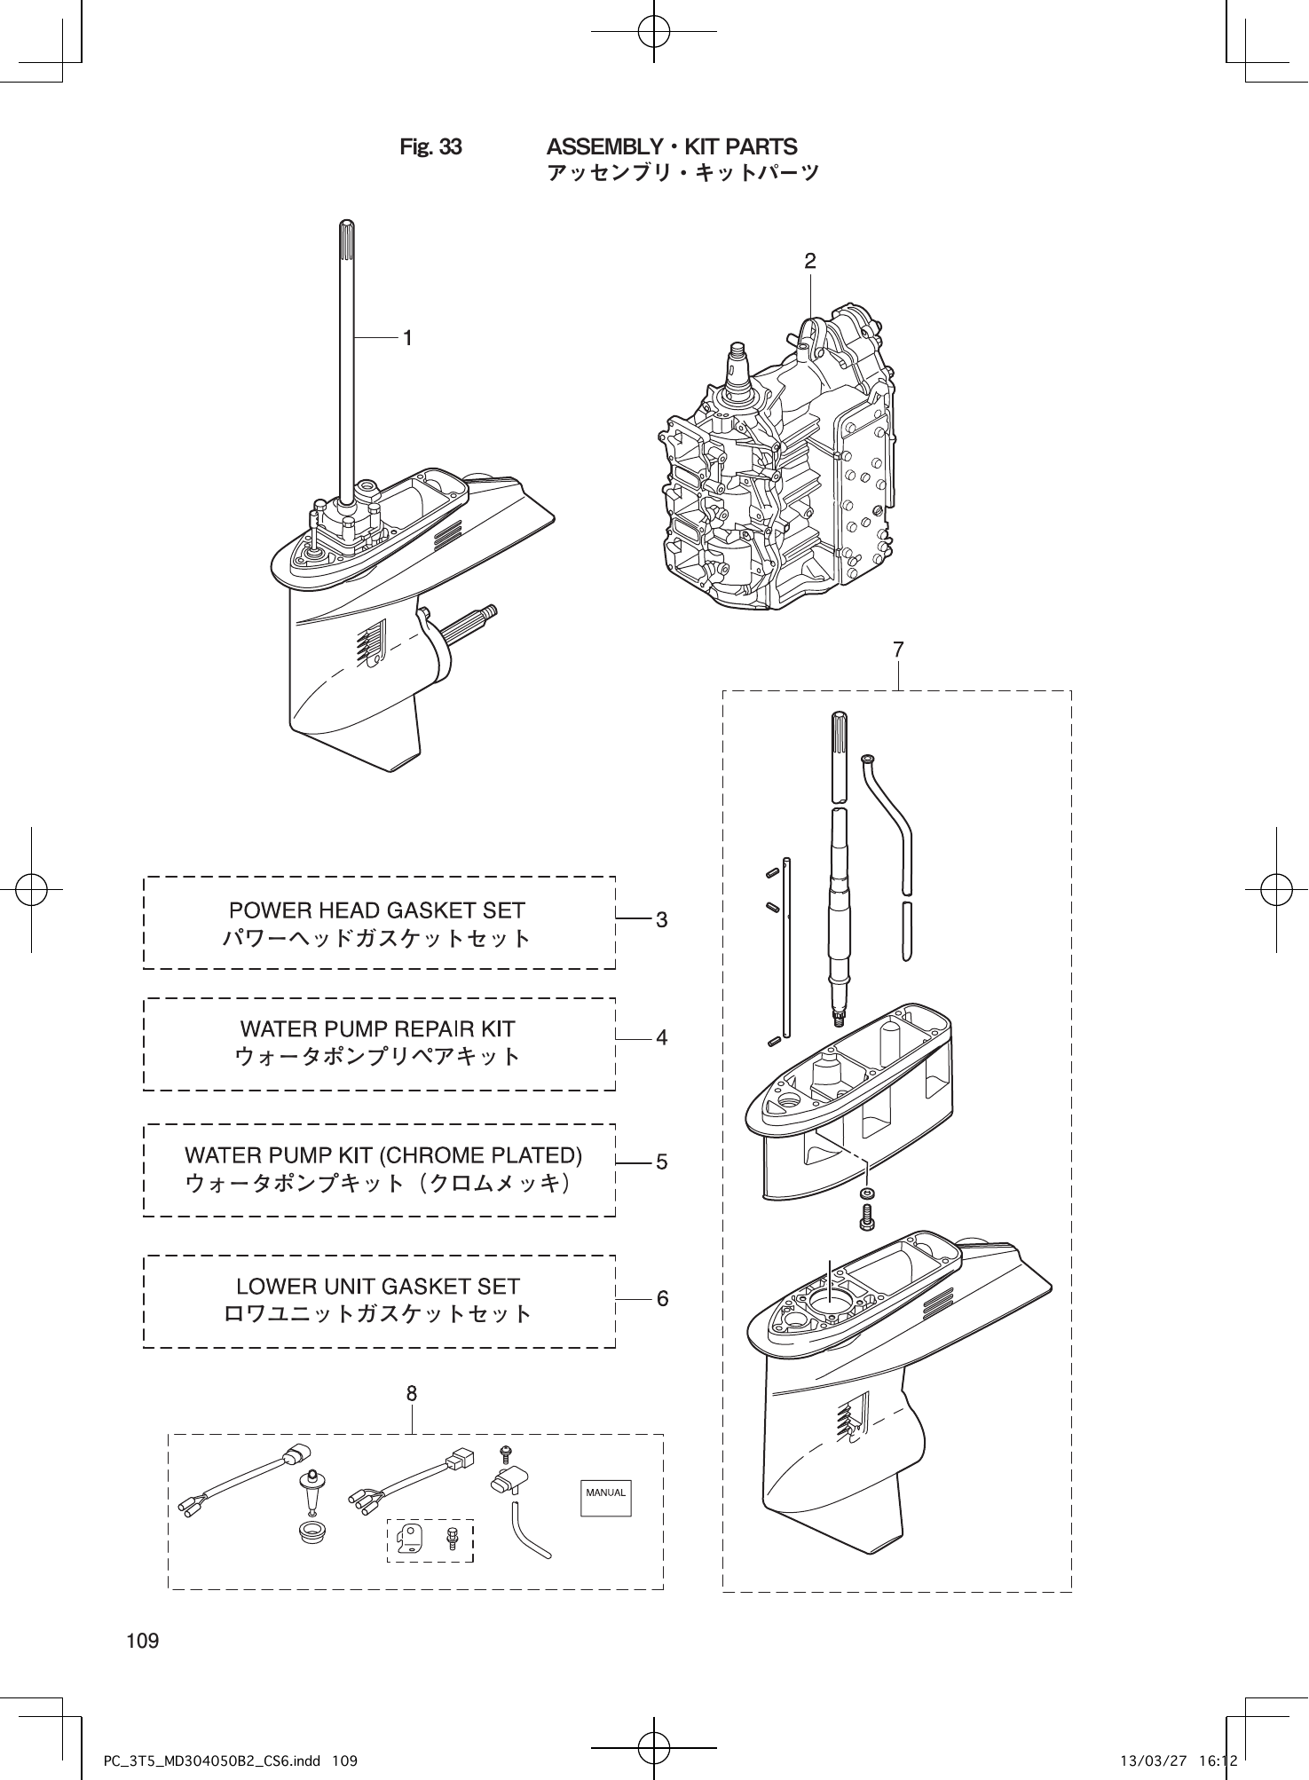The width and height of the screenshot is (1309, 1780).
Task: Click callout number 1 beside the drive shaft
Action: point(406,338)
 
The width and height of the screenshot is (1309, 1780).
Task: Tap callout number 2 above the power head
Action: point(809,261)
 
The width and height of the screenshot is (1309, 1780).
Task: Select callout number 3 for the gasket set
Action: point(661,920)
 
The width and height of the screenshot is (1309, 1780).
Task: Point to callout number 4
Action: point(661,1036)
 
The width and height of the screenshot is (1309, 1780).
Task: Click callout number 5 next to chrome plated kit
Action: point(661,1162)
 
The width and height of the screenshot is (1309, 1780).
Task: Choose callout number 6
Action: point(662,1299)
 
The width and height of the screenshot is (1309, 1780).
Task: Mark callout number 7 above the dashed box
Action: point(898,650)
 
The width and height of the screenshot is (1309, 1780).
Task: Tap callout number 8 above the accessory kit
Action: point(412,1393)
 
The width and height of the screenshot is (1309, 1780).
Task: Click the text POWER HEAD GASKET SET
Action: point(377,910)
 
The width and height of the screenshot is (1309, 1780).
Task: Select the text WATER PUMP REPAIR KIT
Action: point(377,1029)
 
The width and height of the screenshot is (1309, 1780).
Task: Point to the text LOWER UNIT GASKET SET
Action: point(378,1287)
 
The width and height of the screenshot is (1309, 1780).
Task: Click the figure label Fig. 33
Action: point(430,147)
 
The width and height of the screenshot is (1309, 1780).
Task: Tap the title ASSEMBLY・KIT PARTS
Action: point(672,146)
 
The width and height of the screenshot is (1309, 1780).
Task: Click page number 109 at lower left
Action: point(143,1641)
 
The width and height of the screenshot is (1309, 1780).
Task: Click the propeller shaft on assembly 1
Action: point(470,621)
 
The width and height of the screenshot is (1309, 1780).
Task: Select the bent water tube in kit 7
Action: point(890,816)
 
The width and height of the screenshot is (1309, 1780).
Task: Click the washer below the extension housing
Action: point(867,1192)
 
